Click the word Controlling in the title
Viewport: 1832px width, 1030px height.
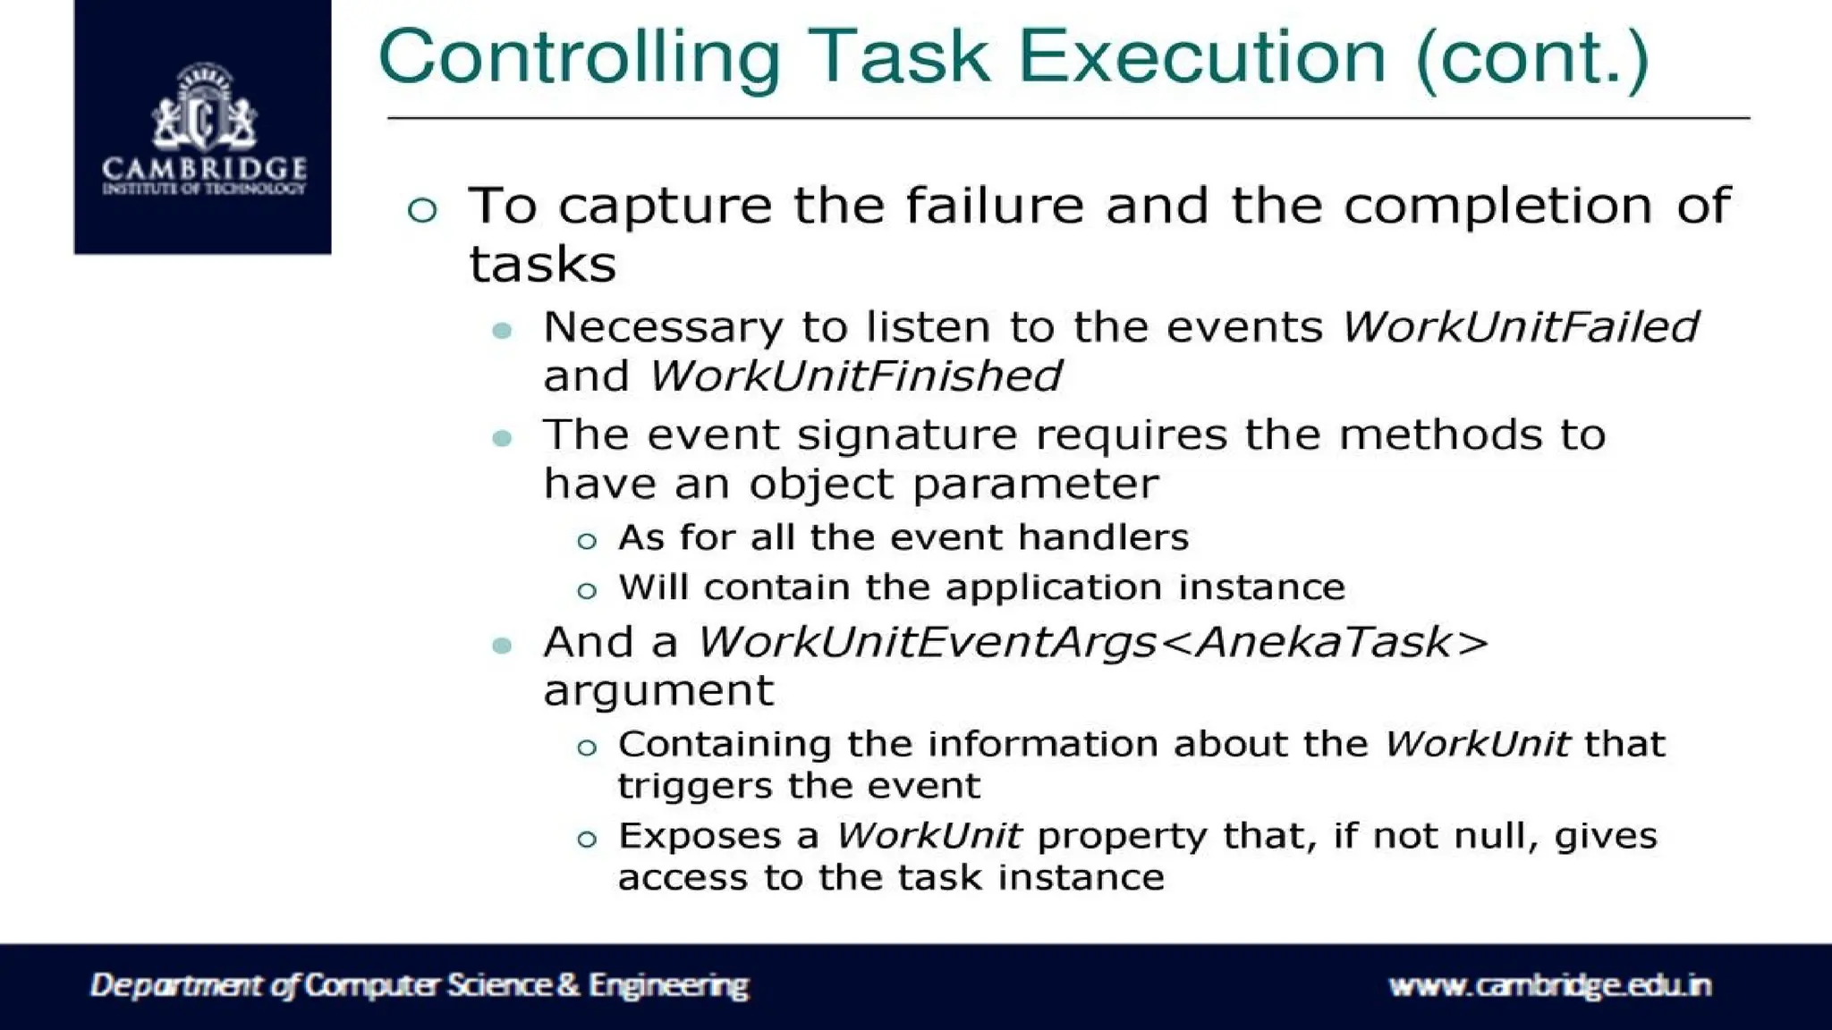point(579,57)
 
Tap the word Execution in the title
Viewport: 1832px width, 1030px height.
point(1201,57)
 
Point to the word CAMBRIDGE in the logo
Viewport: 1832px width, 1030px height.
point(204,168)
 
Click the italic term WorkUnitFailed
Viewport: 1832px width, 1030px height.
point(1519,326)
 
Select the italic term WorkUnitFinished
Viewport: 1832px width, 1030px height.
point(854,376)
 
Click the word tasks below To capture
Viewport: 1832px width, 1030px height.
point(542,265)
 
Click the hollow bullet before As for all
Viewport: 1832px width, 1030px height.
point(587,541)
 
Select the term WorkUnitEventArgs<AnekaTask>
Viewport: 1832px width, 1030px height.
point(1092,642)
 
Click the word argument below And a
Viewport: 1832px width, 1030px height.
point(657,691)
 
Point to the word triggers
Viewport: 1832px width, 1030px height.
point(694,787)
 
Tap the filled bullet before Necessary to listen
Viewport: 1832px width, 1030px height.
point(502,331)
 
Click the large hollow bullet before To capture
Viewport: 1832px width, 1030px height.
point(422,209)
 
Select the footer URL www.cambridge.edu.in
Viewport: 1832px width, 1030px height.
point(1548,985)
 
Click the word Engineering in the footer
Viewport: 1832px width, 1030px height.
point(667,985)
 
